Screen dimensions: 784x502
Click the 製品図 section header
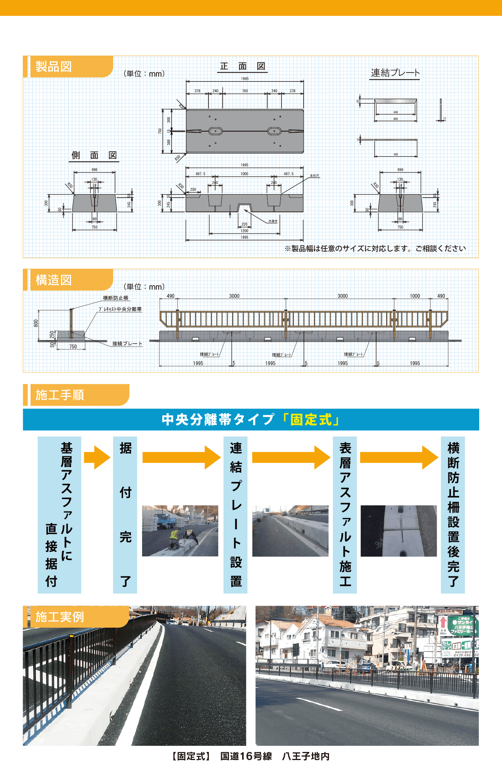click(x=54, y=67)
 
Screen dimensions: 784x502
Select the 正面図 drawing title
click(x=243, y=66)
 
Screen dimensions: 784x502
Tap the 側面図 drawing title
click(x=94, y=155)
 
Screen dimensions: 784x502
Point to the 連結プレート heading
click(x=395, y=73)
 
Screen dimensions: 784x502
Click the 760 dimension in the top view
click(x=245, y=91)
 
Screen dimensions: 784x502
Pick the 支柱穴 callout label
click(x=314, y=176)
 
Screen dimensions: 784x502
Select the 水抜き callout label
click(x=273, y=221)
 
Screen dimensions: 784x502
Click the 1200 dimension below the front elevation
click(x=244, y=231)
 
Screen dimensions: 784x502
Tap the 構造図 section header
click(x=54, y=280)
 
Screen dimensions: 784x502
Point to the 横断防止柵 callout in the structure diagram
click(x=115, y=298)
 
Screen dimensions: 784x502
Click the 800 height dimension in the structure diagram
click(x=36, y=323)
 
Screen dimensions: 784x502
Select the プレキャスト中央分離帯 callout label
click(x=120, y=309)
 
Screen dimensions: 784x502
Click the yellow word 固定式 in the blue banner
click(x=311, y=420)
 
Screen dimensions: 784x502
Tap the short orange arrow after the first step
click(x=97, y=458)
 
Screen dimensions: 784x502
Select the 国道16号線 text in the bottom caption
click(x=246, y=756)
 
